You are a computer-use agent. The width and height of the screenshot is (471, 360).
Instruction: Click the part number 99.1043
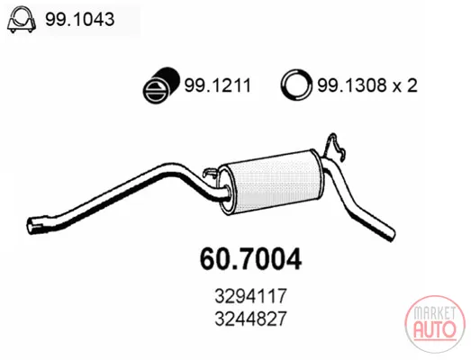pyautogui.click(x=79, y=20)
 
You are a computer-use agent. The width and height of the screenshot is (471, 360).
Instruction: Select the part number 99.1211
pyautogui.click(x=217, y=85)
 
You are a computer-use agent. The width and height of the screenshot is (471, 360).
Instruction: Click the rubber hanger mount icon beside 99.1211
pyautogui.click(x=160, y=85)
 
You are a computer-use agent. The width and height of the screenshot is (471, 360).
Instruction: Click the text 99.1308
pyautogui.click(x=351, y=85)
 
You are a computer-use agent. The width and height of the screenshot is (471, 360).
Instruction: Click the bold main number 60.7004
pyautogui.click(x=250, y=259)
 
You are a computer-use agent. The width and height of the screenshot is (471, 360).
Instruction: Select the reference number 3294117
pyautogui.click(x=251, y=296)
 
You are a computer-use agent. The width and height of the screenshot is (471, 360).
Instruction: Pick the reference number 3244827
pyautogui.click(x=251, y=319)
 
